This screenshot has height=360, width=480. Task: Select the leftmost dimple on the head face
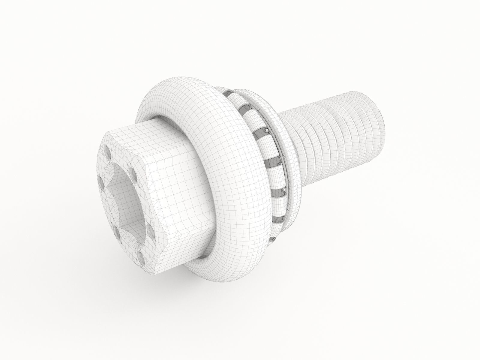coord(100,181)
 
